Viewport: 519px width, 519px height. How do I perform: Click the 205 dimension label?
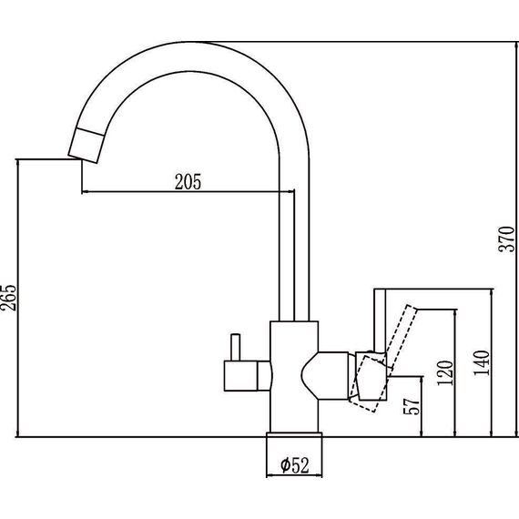coord(188,182)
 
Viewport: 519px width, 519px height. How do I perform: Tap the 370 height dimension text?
coord(507,239)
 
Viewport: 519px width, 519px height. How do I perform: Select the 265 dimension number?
coord(8,297)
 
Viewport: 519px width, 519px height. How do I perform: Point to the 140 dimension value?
coord(482,362)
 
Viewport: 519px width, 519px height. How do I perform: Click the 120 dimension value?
coord(445,372)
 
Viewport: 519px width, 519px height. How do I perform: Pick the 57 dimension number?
coord(412,405)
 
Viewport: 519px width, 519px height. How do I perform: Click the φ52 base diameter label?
coord(295,465)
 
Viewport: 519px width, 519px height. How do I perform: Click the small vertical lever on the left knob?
coord(235,347)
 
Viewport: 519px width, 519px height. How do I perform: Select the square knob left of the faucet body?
coord(240,376)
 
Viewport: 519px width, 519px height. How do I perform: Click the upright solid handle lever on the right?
coord(380,321)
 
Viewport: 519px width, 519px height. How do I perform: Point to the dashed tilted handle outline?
coord(384,358)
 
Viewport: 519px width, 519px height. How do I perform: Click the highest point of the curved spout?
coord(188,43)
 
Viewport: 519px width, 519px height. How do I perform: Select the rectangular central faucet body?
coord(294,377)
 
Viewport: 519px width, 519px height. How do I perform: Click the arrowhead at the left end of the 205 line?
coord(85,191)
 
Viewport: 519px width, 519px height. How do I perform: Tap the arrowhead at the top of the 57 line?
coord(422,380)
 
